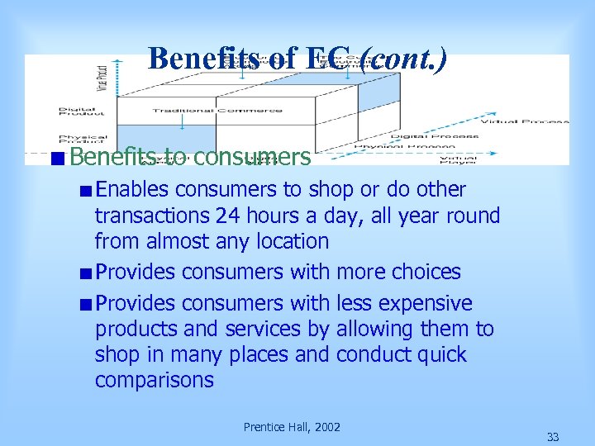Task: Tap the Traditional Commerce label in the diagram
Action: (x=217, y=111)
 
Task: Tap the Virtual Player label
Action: (x=457, y=159)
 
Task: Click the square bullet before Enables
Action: (x=85, y=191)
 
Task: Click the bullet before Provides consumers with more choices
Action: (x=85, y=273)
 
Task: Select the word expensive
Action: (x=421, y=303)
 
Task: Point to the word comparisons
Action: (x=154, y=381)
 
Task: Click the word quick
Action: (x=440, y=355)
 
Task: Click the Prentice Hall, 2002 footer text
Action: (x=292, y=427)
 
